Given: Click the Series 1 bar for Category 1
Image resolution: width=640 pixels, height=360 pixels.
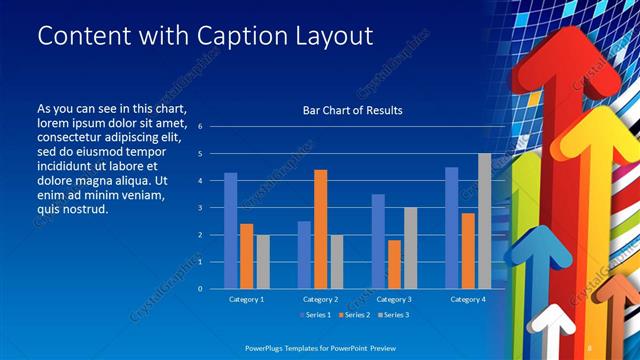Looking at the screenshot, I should coord(231,231).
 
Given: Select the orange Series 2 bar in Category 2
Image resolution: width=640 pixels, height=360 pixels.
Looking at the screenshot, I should coord(320,229).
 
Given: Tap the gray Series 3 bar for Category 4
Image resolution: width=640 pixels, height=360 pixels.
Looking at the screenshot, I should coord(484,221).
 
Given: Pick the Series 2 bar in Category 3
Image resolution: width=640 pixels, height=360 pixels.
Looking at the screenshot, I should coord(394,264).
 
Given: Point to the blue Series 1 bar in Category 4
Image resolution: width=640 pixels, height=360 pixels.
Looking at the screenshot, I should coord(451,228).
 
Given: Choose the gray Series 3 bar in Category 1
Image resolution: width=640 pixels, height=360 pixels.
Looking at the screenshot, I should coord(262,262).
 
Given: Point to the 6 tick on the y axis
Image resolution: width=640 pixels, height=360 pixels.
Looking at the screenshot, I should coord(201,127).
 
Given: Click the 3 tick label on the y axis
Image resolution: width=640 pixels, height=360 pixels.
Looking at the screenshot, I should coord(201,208).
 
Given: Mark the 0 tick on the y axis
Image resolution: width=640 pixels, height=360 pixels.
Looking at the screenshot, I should coord(201,289).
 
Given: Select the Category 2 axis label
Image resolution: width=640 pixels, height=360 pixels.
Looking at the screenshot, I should coord(320,299).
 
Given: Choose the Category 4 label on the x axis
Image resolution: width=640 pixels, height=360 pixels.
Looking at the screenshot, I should coord(468,299).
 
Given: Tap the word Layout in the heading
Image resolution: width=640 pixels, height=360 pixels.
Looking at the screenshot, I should coord(325,36).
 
